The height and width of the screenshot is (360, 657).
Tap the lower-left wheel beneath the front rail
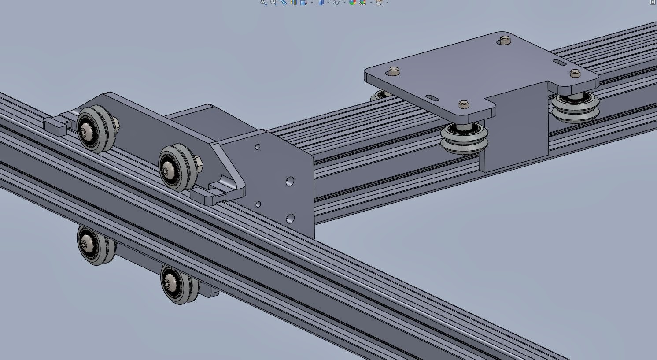click(94, 245)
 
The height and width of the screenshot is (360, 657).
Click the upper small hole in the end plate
click(258, 147)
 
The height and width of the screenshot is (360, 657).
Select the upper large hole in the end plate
click(290, 181)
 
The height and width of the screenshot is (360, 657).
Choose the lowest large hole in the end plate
click(290, 218)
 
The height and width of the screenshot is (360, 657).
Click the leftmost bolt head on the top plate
click(394, 71)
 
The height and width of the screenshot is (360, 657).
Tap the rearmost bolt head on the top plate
click(504, 41)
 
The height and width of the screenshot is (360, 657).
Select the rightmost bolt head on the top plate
click(575, 73)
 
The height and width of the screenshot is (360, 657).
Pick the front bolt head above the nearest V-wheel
click(464, 104)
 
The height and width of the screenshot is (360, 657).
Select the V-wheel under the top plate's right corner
click(575, 108)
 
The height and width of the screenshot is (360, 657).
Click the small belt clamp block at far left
click(55, 126)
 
